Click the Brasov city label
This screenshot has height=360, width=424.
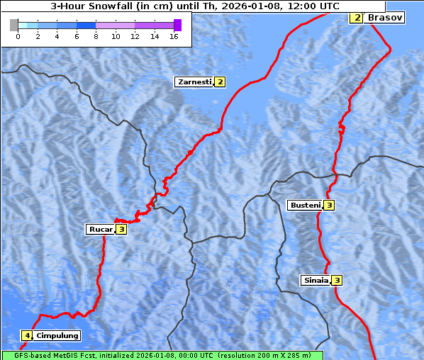click(x=385, y=17)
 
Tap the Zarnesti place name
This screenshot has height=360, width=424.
click(x=194, y=82)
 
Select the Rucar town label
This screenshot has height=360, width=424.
click(x=101, y=229)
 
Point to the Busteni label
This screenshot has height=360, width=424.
click(x=306, y=206)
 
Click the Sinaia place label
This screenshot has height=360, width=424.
click(x=316, y=280)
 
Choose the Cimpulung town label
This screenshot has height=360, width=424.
click(x=57, y=335)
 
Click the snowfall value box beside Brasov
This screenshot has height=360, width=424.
click(x=357, y=17)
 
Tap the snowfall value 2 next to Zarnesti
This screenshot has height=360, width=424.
click(x=220, y=82)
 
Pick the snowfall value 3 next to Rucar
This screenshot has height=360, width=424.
click(x=121, y=229)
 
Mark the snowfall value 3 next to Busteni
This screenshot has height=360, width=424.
click(x=329, y=206)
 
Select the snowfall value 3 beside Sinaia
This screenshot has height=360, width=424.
click(x=337, y=280)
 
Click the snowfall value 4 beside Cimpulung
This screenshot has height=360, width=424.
click(x=27, y=335)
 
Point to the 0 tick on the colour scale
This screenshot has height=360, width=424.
click(x=18, y=36)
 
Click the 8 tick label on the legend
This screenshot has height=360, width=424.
click(x=96, y=36)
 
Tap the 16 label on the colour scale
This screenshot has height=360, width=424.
click(x=174, y=36)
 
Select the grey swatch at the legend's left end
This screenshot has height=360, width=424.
click(x=14, y=25)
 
